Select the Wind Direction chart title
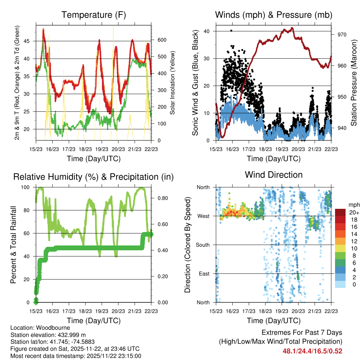[x=274, y=174]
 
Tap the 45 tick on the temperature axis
[x=30, y=41]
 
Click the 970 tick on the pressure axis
[x=342, y=34]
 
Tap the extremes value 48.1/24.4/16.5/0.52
[x=312, y=351]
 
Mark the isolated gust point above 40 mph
[x=231, y=31]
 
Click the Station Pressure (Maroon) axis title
[x=354, y=83]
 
